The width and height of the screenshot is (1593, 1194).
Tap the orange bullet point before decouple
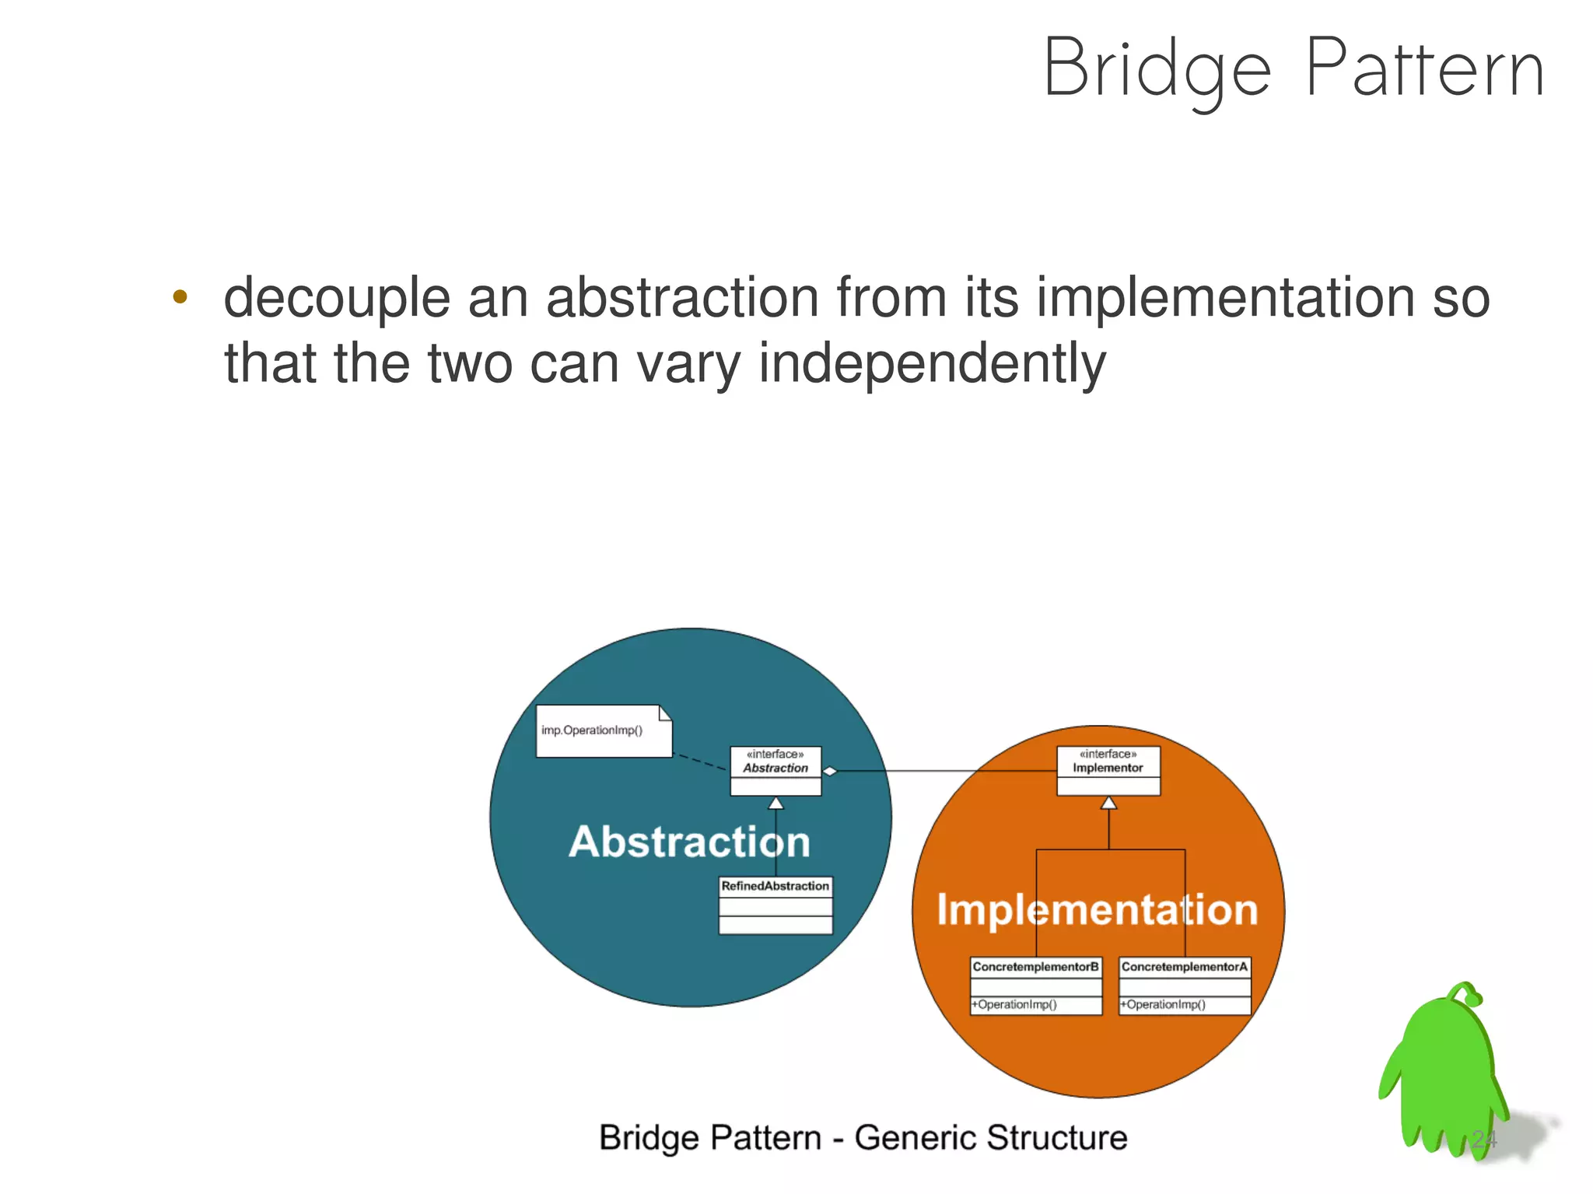point(180,296)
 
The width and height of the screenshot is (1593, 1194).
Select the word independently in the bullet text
point(931,362)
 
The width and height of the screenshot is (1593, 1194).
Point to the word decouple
point(337,298)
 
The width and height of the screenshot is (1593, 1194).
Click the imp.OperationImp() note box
point(603,731)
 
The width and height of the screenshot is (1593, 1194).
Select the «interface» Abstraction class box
point(775,770)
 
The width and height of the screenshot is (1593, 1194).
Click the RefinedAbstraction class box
point(775,905)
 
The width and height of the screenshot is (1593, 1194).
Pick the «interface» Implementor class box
point(1108,770)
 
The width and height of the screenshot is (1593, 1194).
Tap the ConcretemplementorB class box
point(1036,986)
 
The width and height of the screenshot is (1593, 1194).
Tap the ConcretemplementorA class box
point(1185,986)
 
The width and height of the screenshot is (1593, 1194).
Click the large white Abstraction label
point(689,842)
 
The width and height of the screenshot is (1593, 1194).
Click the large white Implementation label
point(1097,909)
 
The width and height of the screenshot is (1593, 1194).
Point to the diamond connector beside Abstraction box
point(830,771)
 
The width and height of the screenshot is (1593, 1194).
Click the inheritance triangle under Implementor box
point(1108,803)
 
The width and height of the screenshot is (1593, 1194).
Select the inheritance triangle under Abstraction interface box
point(775,803)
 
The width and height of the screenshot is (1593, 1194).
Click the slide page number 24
point(1483,1140)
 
